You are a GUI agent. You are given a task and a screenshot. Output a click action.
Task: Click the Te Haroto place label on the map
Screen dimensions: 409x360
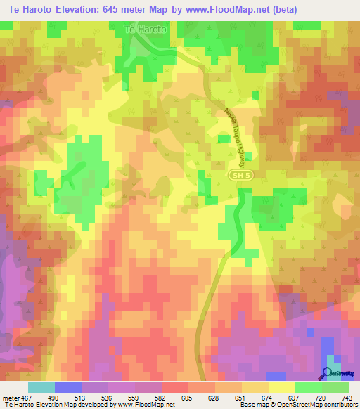click(x=145, y=30)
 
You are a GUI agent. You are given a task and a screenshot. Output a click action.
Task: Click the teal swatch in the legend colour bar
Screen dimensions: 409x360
click(x=41, y=387)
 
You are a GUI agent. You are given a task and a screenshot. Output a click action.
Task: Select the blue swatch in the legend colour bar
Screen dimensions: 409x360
click(x=68, y=387)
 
